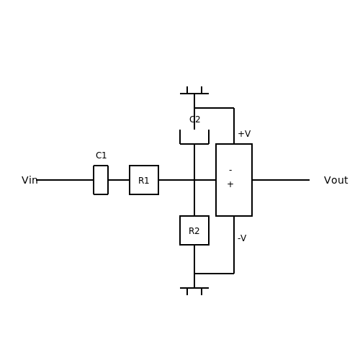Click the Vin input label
[30, 180]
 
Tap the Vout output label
[336, 180]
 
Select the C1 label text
[101, 156]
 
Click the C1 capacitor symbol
[94, 180]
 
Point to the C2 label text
[194, 120]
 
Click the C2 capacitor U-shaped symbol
[194, 144]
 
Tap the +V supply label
[244, 134]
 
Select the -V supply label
[242, 238]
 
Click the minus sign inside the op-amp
[230, 171]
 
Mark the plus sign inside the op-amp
[230, 184]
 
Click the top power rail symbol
[194, 94]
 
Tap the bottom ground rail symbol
[194, 288]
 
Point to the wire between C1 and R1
[119, 180]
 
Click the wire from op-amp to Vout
[281, 180]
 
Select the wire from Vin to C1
[65, 180]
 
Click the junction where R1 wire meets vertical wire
[194, 180]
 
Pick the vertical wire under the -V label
[234, 245]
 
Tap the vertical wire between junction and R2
[194, 198]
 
